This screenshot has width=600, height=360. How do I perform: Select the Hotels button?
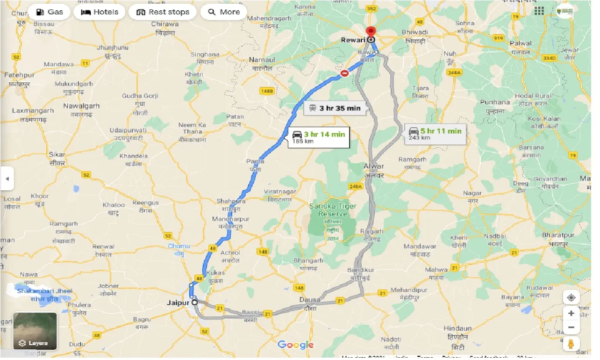[x=100, y=12]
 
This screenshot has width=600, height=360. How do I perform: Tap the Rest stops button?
[x=163, y=12]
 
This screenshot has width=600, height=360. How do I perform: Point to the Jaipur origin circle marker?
[x=194, y=302]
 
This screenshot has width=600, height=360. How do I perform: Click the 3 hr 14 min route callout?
[x=319, y=137]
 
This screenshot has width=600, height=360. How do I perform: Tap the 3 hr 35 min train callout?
[x=335, y=108]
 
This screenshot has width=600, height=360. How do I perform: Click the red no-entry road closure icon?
[x=345, y=73]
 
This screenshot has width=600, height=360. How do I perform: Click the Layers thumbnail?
[x=35, y=331]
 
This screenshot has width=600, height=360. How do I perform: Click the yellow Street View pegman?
[x=571, y=344]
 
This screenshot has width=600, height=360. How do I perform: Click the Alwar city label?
[x=374, y=166]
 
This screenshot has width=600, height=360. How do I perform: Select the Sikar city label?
[x=57, y=154]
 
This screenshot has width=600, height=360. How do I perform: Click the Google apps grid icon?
[x=540, y=10]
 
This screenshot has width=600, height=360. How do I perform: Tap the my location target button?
[x=571, y=297]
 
